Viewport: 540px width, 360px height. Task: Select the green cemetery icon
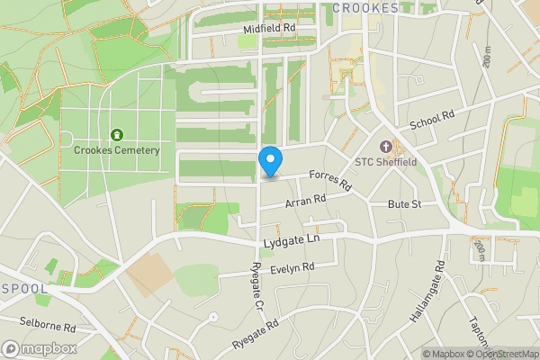pos(116,135)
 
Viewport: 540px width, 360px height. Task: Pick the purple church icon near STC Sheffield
pos(387,147)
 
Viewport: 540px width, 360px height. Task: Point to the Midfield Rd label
pos(269,30)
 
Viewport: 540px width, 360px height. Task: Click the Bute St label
pos(405,205)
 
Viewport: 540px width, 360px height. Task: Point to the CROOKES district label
pos(365,8)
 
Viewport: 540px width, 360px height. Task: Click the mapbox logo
pos(39,348)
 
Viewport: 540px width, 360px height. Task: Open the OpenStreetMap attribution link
pos(501,354)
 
